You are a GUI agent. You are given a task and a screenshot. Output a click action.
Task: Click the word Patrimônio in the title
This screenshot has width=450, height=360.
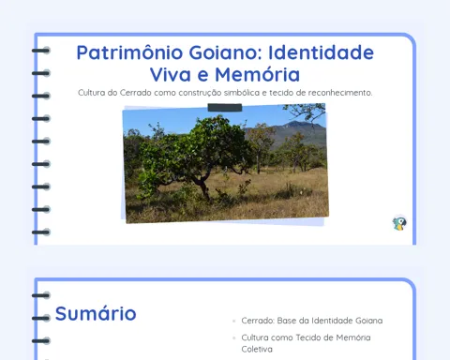(x=129, y=52)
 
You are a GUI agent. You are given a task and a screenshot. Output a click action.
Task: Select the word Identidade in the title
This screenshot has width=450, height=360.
(x=322, y=52)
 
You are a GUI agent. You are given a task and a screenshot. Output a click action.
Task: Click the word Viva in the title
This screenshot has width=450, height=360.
(x=171, y=75)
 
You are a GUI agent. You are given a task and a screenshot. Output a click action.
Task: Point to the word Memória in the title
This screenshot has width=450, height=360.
(x=257, y=74)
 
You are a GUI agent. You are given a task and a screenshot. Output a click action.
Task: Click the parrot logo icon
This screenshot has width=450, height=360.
(x=399, y=223)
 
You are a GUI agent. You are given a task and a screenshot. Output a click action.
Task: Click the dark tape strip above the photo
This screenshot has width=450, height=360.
(x=225, y=108)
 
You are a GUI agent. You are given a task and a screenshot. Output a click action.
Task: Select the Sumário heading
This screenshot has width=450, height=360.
(x=96, y=313)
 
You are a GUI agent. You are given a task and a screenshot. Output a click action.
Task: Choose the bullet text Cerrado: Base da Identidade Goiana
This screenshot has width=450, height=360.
(x=312, y=321)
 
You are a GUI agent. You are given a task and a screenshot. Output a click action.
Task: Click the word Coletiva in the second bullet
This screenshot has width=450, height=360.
(x=257, y=349)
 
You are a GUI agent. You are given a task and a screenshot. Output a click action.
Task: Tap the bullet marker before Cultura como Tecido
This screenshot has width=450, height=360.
(x=233, y=337)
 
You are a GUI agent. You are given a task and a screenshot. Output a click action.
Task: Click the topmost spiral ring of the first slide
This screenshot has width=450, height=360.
(x=40, y=51)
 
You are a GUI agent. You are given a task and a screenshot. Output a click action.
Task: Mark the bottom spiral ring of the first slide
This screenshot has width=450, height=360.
(x=40, y=232)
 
